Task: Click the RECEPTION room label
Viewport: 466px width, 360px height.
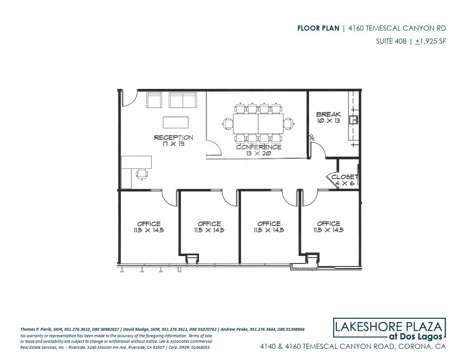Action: (174, 137)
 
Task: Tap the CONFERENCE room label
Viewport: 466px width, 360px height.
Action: (259, 147)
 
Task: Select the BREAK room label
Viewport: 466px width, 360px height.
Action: (329, 114)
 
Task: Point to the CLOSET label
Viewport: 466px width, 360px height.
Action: (344, 177)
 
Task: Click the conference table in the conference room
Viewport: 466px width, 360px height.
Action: (258, 123)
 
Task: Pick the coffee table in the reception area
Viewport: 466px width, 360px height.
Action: (176, 122)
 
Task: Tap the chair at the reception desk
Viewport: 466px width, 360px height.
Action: (142, 174)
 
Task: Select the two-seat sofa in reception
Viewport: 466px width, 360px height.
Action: (182, 100)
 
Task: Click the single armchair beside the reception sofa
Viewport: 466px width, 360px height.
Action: (154, 100)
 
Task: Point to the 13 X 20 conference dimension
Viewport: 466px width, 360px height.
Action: (259, 154)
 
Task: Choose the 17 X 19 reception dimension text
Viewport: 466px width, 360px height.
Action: (174, 144)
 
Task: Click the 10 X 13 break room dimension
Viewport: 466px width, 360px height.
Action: (329, 121)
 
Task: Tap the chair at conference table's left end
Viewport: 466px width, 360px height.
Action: (228, 123)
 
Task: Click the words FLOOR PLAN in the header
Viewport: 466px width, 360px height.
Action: (318, 28)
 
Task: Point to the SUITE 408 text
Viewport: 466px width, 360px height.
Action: (391, 41)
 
